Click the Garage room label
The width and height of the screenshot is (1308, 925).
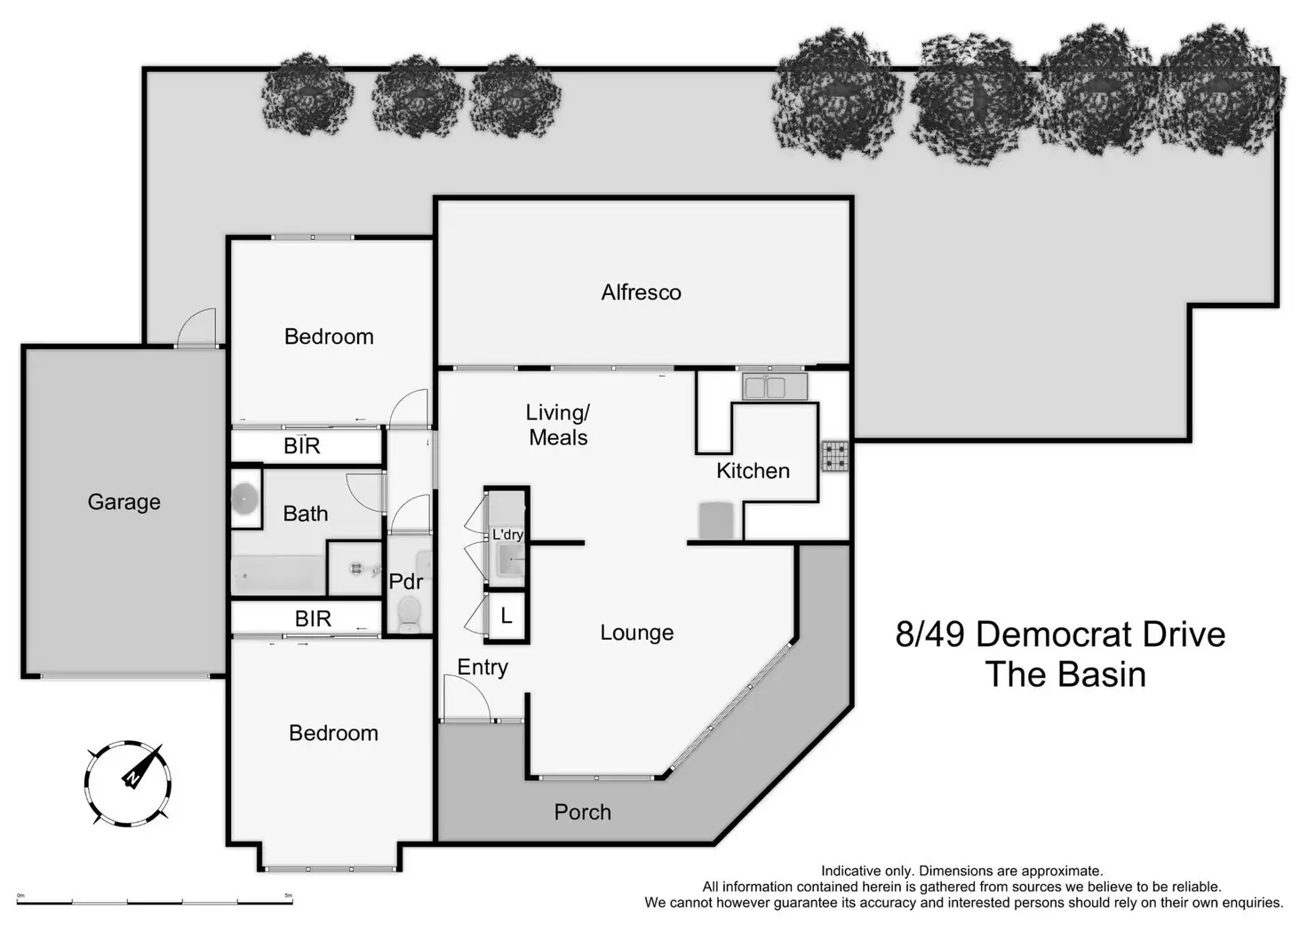click(x=124, y=502)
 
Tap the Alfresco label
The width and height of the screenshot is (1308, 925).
click(x=641, y=292)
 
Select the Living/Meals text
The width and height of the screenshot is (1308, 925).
click(x=558, y=425)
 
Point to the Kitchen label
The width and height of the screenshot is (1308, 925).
click(x=753, y=471)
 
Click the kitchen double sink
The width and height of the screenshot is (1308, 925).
click(x=775, y=387)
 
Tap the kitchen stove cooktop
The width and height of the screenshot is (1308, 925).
click(x=834, y=456)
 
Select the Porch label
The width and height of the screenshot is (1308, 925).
click(x=582, y=812)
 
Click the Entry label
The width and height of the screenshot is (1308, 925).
click(x=483, y=667)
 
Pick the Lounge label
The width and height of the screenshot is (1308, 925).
click(x=636, y=633)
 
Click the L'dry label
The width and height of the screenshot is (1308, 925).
click(x=507, y=535)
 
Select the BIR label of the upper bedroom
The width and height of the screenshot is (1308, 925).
click(x=301, y=446)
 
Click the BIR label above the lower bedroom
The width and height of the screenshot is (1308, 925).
click(x=313, y=618)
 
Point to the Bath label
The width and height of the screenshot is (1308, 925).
click(x=305, y=514)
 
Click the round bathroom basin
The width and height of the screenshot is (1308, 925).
click(x=244, y=498)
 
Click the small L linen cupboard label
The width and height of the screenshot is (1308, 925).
click(x=506, y=616)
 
